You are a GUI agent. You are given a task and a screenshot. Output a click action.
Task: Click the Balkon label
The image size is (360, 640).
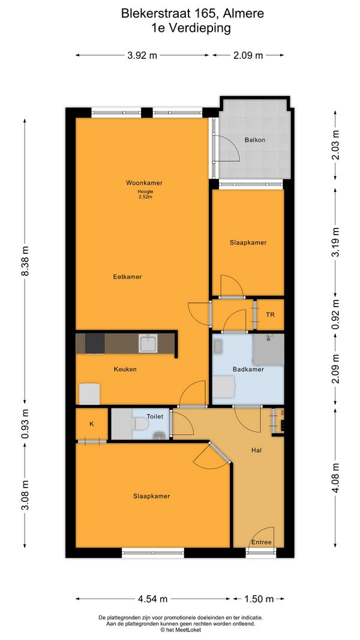click(x=254, y=140)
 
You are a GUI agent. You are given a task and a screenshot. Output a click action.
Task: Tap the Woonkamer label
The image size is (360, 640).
click(x=141, y=183)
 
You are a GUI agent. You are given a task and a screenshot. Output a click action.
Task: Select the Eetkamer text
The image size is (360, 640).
click(x=127, y=277)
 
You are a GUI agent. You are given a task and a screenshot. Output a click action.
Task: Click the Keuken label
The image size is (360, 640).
click(x=125, y=369)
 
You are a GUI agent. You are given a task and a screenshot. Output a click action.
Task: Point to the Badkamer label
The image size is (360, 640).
click(x=248, y=369)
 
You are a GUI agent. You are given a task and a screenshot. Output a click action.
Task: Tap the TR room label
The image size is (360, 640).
click(x=270, y=315)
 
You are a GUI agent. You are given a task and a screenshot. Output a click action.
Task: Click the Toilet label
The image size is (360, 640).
click(x=155, y=417)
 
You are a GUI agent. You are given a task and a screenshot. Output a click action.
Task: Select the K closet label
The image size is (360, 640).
click(x=92, y=423)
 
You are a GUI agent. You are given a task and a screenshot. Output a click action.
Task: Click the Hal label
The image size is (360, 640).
click(x=256, y=450)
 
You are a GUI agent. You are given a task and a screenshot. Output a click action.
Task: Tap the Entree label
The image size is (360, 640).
click(x=261, y=542)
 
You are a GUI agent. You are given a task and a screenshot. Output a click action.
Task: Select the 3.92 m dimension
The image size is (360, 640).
click(x=142, y=56)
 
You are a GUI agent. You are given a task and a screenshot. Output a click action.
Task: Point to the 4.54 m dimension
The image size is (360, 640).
click(x=152, y=599)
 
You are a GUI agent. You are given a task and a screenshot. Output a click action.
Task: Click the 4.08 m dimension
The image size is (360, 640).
click(x=335, y=478)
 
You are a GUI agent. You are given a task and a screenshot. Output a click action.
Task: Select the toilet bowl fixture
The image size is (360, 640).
click(x=140, y=424)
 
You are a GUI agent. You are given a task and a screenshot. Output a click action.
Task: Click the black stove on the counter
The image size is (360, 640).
click(x=95, y=344)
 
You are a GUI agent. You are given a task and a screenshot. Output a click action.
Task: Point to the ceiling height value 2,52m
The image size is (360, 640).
click(x=145, y=197)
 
